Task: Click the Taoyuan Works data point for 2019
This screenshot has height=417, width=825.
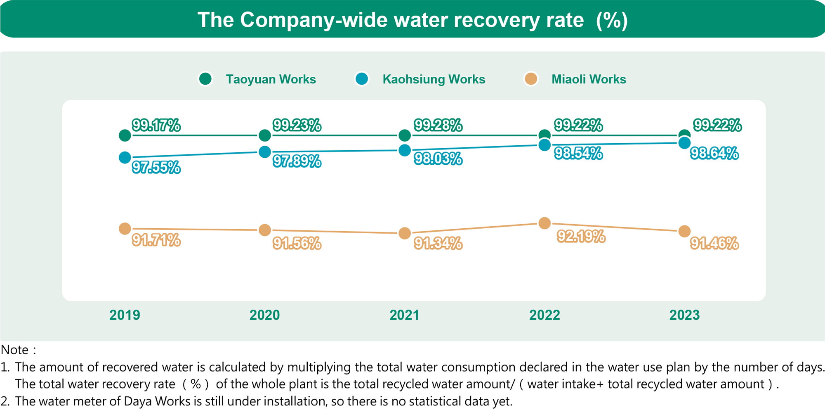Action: pyautogui.click(x=125, y=135)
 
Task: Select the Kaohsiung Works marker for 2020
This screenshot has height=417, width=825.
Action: pyautogui.click(x=265, y=152)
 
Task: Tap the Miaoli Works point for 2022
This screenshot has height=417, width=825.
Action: pyautogui.click(x=544, y=223)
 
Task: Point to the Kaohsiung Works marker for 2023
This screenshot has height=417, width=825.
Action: pyautogui.click(x=684, y=143)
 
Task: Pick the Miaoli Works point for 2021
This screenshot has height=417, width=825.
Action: pyautogui.click(x=405, y=233)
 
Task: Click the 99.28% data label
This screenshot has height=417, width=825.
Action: pyautogui.click(x=438, y=125)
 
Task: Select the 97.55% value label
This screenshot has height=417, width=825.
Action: pyautogui.click(x=156, y=167)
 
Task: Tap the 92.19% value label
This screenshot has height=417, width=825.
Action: pyautogui.click(x=581, y=236)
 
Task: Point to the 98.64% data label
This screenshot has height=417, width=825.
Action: pyautogui.click(x=714, y=154)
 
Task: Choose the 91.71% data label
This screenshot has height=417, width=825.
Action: pyautogui.click(x=156, y=240)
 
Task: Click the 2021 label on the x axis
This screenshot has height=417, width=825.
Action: pyautogui.click(x=404, y=315)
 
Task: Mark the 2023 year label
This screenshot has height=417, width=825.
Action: pyautogui.click(x=684, y=315)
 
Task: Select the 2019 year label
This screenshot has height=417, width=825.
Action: pyautogui.click(x=125, y=315)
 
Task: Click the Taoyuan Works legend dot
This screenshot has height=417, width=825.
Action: pyautogui.click(x=205, y=78)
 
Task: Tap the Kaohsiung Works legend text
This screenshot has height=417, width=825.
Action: pyautogui.click(x=434, y=79)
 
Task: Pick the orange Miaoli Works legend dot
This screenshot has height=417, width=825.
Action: pyautogui.click(x=531, y=78)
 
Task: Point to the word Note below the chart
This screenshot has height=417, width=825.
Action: pyautogui.click(x=15, y=350)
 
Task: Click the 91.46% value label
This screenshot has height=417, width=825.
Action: pyautogui.click(x=714, y=243)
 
